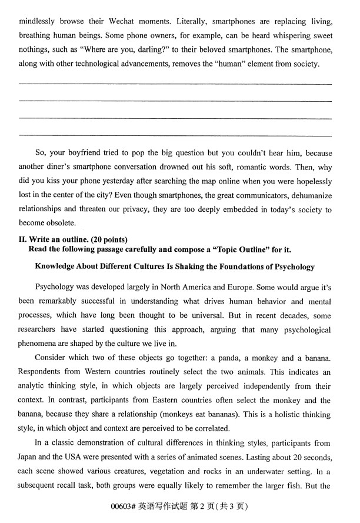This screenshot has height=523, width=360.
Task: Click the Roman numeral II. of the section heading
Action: coord(24,239)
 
